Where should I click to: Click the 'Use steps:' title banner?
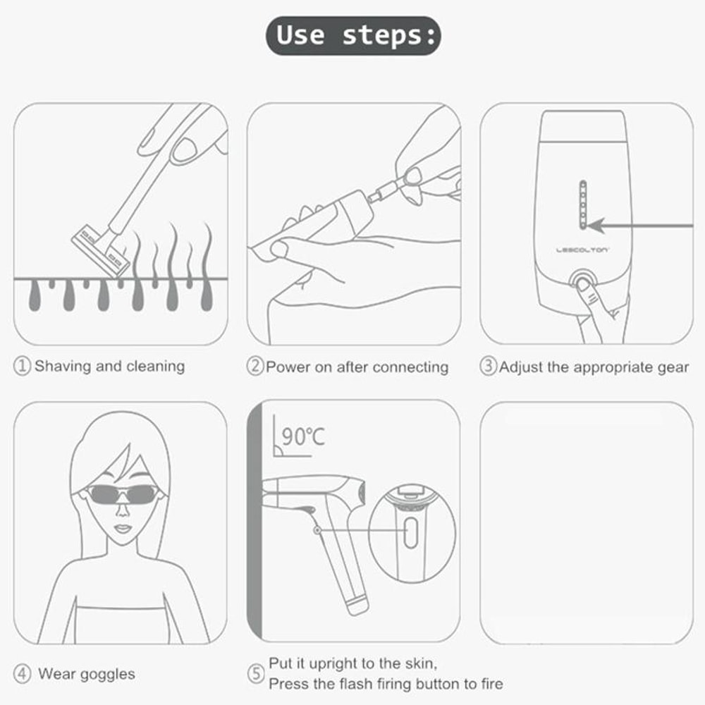(x=352, y=35)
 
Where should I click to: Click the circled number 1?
(x=23, y=367)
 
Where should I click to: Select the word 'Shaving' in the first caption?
(x=63, y=367)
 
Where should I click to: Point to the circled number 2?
(x=255, y=367)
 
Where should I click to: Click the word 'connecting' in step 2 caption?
(x=410, y=367)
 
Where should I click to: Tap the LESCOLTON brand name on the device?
(x=582, y=249)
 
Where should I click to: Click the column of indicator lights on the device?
(x=582, y=204)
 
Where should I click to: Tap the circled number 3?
(x=488, y=367)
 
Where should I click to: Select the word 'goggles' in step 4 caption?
(x=106, y=673)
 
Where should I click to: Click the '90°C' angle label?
(x=303, y=437)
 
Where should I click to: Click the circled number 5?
(x=256, y=674)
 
